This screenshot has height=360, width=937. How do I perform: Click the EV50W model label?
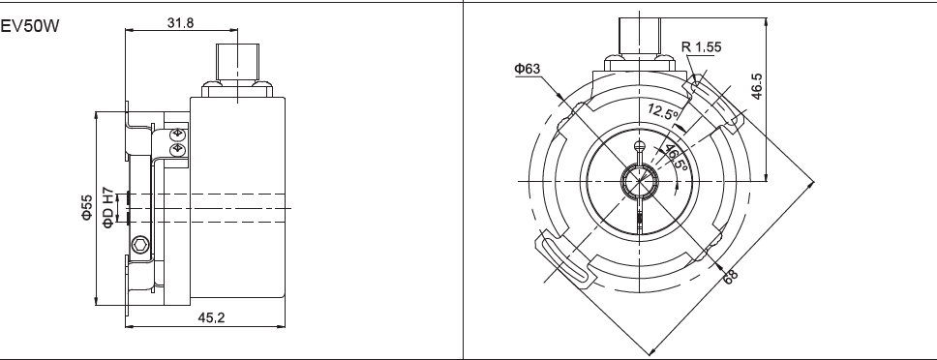(30, 27)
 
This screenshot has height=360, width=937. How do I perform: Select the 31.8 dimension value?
(181, 22)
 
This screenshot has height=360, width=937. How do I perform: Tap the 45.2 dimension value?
(211, 317)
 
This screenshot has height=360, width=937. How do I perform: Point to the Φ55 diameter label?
(87, 207)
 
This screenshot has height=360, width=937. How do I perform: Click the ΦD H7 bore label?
(107, 207)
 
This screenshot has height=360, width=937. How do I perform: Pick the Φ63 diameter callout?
(527, 69)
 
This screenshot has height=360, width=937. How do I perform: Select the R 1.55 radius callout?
(701, 46)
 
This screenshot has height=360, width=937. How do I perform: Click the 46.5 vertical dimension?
(757, 86)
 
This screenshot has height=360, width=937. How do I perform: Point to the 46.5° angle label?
(676, 157)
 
